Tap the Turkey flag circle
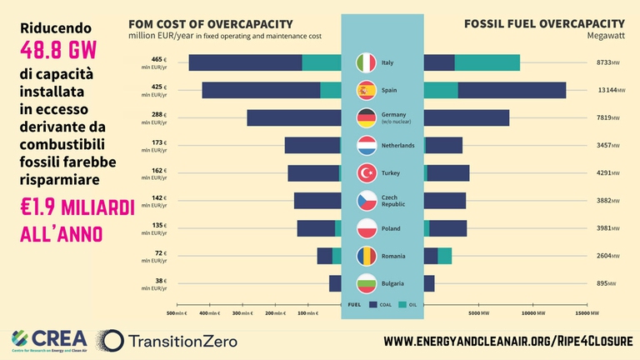367,173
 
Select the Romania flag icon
367,256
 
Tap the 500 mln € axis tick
177,313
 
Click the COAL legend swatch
374,305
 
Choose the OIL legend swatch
402,305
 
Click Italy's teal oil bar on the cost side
322,62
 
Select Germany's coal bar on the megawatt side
467,117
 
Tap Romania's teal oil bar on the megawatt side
445,256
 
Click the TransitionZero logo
167,340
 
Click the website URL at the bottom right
507,341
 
